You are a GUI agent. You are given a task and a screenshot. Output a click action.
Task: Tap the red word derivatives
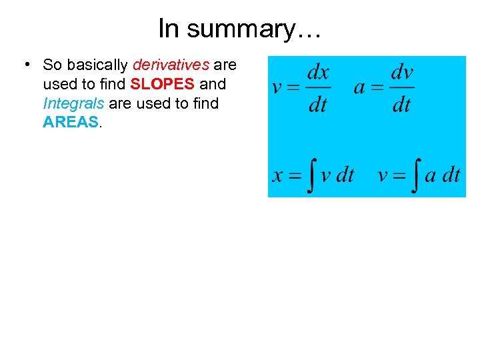[x=171, y=65]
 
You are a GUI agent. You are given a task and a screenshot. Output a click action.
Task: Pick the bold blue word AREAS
[x=70, y=123]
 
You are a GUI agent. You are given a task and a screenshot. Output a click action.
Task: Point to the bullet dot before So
[x=24, y=65]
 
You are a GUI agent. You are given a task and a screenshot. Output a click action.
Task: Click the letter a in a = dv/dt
[x=359, y=88]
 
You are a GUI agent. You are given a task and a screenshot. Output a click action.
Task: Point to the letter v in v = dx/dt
[x=277, y=88]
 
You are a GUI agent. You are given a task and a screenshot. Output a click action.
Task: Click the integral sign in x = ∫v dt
[x=309, y=175]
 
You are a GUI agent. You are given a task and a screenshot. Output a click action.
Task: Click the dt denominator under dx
[x=318, y=105]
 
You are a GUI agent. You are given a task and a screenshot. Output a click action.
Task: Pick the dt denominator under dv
[x=401, y=105]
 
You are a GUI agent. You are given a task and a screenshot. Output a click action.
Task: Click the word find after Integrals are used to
[x=204, y=103]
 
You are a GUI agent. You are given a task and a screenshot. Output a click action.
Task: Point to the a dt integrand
[x=443, y=175]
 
